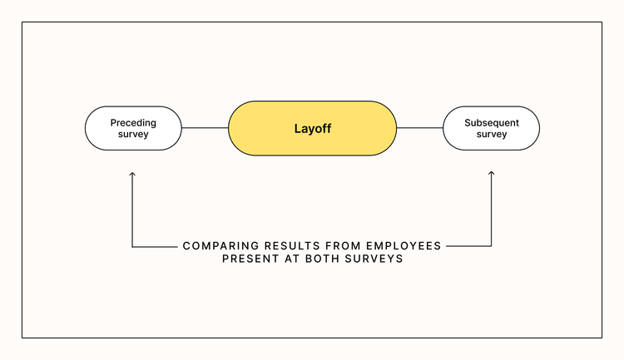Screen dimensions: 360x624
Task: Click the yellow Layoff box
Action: coord(312,129)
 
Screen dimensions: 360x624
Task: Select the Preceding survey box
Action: coord(133,128)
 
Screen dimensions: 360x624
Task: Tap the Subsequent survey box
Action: coord(491,128)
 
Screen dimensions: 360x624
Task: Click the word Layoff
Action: coord(312,129)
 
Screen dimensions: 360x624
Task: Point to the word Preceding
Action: coord(133,122)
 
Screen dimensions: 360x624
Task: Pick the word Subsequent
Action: coord(491,122)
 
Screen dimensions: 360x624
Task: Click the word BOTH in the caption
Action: coord(329,259)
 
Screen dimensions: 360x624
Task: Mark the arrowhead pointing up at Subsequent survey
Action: coord(491,174)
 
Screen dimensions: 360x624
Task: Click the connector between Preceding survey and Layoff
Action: coord(205,128)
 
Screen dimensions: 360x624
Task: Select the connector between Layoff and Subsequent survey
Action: coord(419,128)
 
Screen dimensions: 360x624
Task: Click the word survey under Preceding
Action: coord(133,135)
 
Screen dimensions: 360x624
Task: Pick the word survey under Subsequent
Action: coord(491,135)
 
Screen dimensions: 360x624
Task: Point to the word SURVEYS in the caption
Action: coord(375,259)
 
